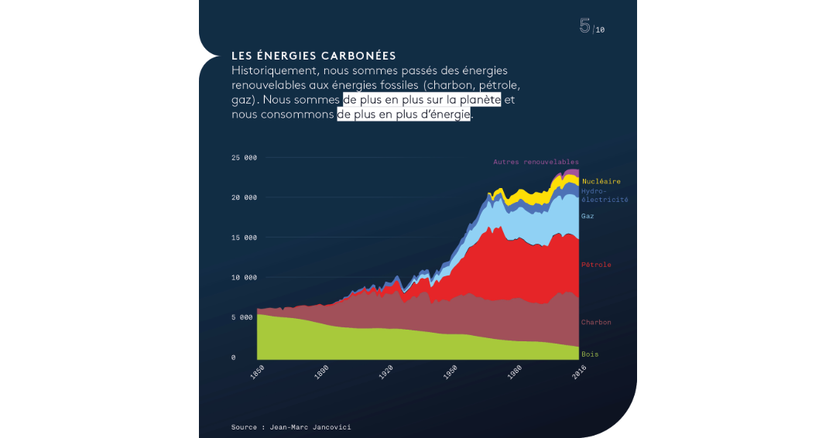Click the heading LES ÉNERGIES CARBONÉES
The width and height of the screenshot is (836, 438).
click(313, 56)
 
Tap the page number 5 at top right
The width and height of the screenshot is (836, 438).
click(584, 26)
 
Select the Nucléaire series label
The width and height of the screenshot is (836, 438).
click(601, 181)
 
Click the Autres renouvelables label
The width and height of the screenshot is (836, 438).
click(536, 162)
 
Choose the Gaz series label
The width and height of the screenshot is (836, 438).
click(588, 216)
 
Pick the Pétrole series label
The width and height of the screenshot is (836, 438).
click(596, 265)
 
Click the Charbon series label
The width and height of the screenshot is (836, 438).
click(596, 322)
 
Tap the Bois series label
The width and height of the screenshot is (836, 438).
click(590, 354)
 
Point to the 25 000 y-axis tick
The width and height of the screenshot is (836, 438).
click(244, 158)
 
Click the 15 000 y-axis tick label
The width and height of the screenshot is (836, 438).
click(244, 238)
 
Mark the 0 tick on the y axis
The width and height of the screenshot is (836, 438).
click(234, 358)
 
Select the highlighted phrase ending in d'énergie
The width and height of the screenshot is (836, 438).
click(403, 115)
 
